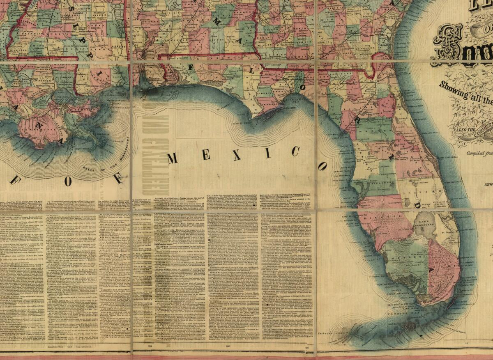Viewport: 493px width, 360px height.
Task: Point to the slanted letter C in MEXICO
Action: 295,151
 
